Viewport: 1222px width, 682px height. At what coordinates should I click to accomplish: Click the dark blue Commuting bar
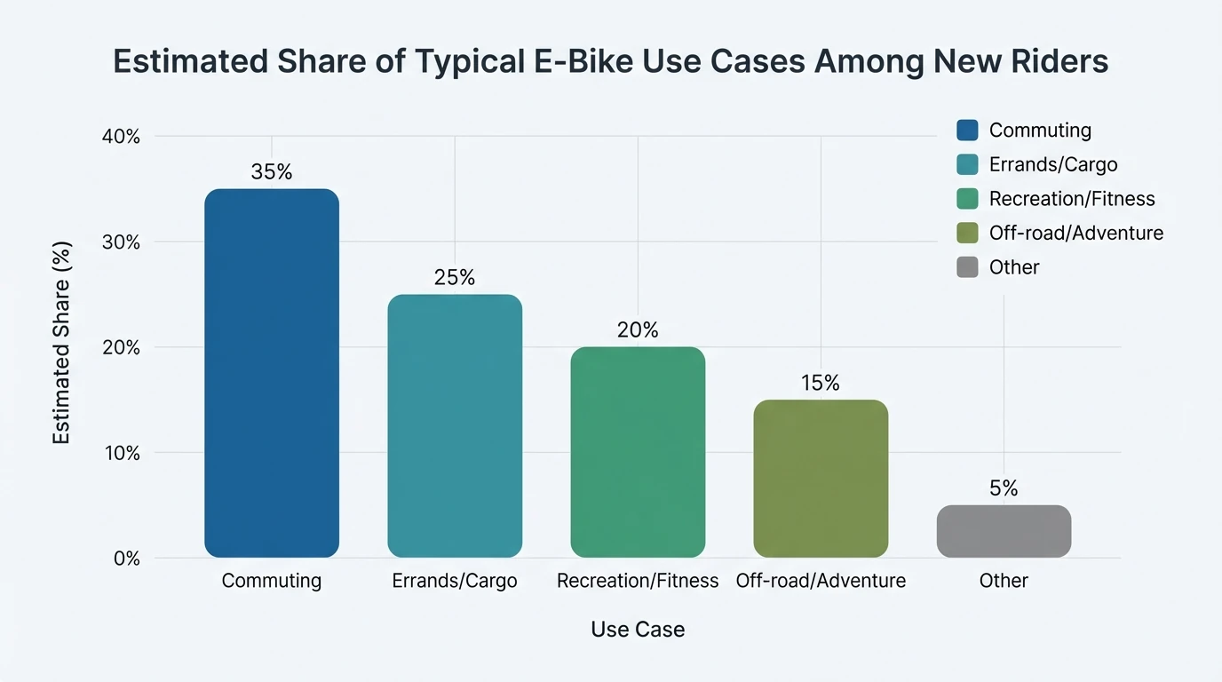pyautogui.click(x=272, y=373)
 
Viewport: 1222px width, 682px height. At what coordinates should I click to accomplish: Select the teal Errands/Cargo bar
pyautogui.click(x=455, y=426)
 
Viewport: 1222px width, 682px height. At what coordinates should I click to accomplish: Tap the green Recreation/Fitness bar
pyautogui.click(x=638, y=452)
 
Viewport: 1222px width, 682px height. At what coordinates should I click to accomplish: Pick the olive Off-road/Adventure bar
pyautogui.click(x=821, y=479)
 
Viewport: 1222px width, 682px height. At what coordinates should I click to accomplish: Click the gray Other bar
pyautogui.click(x=1004, y=531)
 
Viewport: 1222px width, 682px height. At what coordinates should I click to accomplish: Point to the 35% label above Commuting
pyautogui.click(x=272, y=172)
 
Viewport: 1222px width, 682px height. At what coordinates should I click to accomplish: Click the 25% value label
pyautogui.click(x=455, y=278)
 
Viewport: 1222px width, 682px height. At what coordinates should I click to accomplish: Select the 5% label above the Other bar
pyautogui.click(x=1004, y=488)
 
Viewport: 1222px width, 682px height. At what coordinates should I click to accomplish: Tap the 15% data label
pyautogui.click(x=821, y=383)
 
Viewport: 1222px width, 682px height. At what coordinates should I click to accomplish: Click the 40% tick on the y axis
pyautogui.click(x=121, y=137)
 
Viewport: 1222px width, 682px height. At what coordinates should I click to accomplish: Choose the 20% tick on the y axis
pyautogui.click(x=121, y=347)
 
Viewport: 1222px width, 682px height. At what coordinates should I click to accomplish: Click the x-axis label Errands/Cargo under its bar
pyautogui.click(x=455, y=581)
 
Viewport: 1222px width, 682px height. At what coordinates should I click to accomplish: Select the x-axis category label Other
pyautogui.click(x=1004, y=581)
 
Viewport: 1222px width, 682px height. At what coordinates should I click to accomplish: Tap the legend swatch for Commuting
pyautogui.click(x=967, y=131)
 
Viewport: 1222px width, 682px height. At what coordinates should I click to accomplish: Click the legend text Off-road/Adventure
pyautogui.click(x=1075, y=234)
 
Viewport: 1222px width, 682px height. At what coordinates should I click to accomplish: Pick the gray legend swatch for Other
pyautogui.click(x=967, y=267)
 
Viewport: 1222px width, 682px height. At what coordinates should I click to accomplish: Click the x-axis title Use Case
pyautogui.click(x=638, y=630)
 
